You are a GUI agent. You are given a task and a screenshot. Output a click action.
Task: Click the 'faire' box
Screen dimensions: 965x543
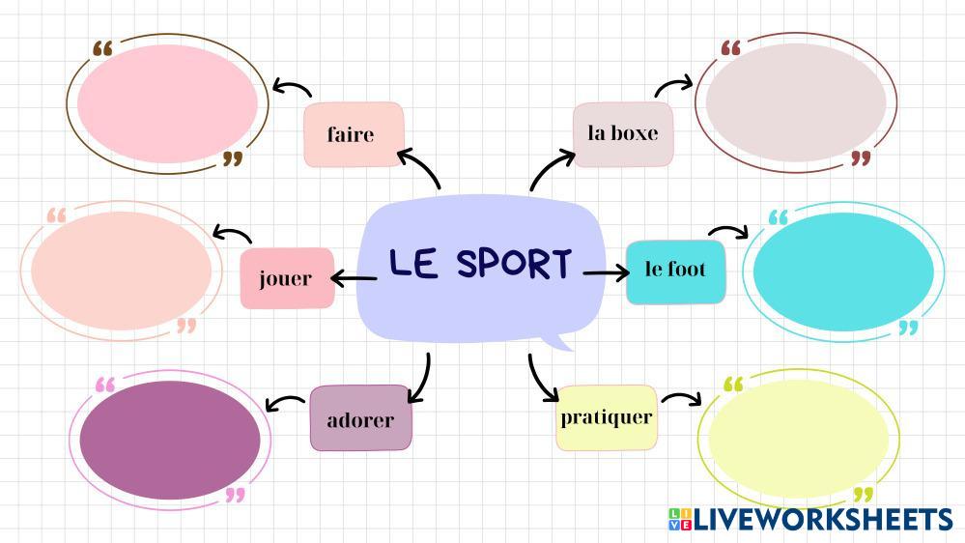353,134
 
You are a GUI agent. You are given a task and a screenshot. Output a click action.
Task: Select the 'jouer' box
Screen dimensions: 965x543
286,278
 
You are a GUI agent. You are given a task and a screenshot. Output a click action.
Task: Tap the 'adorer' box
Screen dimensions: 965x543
360,419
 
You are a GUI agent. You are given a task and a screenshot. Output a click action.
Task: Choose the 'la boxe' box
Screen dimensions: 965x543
622,133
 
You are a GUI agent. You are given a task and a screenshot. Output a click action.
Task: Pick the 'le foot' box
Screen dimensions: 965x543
675,271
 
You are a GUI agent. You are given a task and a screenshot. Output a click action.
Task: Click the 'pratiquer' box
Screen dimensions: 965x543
607,417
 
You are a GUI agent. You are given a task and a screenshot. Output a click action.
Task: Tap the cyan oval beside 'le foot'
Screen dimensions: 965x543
842,271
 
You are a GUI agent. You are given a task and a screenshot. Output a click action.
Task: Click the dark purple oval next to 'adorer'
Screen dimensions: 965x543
170,439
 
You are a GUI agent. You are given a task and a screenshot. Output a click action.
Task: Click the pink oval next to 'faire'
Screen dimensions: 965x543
167,103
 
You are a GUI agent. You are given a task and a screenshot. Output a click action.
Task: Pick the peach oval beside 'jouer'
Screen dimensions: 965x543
121,269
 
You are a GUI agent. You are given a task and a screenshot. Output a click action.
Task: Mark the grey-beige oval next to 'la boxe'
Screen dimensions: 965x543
795,102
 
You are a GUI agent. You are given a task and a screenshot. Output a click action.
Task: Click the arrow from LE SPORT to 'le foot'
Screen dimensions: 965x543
606,274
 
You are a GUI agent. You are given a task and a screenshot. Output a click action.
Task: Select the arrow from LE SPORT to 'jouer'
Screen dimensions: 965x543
354,279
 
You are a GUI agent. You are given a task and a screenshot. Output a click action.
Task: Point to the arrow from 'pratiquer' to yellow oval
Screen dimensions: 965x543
680,398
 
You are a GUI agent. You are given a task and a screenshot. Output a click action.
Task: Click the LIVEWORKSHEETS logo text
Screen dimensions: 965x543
821,520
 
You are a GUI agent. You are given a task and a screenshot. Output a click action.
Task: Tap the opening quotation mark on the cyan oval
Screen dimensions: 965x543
778,217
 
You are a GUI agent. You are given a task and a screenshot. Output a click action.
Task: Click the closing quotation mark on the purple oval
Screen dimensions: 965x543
234,496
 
